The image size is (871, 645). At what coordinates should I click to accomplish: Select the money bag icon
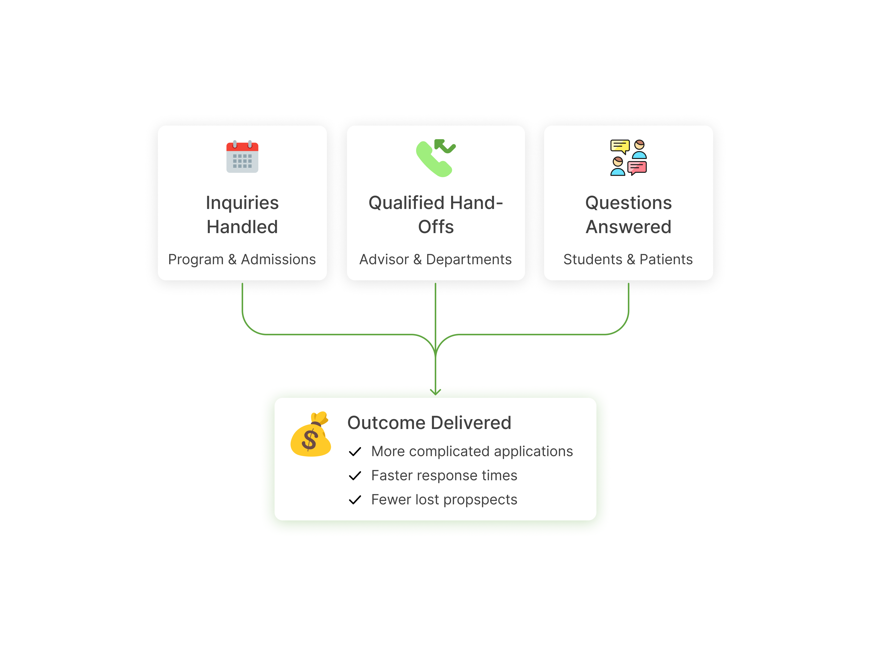[x=311, y=435]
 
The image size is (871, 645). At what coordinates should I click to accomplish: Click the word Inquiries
[x=242, y=203]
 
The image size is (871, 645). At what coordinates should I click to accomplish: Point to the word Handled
[x=242, y=227]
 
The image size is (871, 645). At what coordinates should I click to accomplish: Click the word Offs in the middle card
[x=436, y=227]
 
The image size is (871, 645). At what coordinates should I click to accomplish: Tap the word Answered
[x=628, y=227]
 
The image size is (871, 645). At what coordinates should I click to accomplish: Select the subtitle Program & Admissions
[x=242, y=259]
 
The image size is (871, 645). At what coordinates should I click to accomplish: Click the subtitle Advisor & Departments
[x=435, y=259]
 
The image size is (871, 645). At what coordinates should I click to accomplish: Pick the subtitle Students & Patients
[x=628, y=259]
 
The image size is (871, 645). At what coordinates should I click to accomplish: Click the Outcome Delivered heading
[x=429, y=422]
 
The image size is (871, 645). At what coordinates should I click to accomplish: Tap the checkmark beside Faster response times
[x=355, y=475]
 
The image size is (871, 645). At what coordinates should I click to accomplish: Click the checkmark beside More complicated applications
[x=355, y=452]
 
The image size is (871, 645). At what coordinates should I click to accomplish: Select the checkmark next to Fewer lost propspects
[x=355, y=500]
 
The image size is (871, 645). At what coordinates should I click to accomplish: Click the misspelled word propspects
[x=480, y=500]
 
